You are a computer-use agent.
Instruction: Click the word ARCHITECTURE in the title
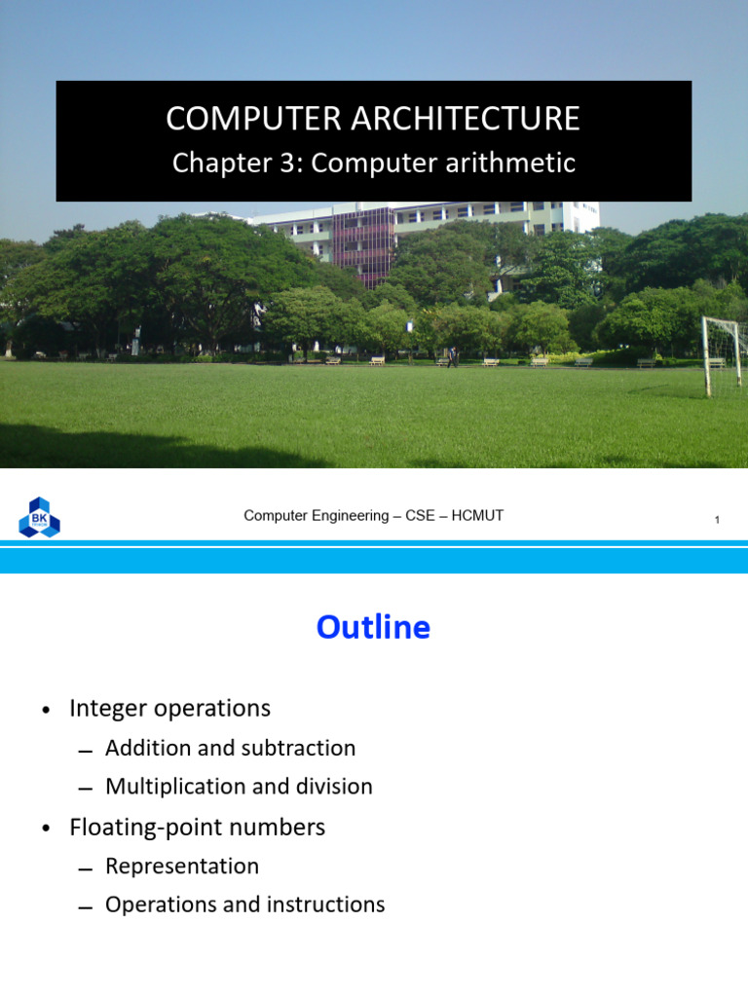coord(465,118)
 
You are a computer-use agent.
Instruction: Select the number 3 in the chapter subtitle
coord(287,163)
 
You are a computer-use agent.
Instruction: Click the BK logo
coord(39,517)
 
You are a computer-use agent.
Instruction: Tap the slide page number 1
coord(717,520)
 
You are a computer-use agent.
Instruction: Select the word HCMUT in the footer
coord(477,516)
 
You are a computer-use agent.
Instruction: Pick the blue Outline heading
coord(373,627)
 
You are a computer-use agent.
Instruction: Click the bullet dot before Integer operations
coord(46,710)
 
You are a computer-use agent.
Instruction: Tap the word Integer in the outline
coord(108,709)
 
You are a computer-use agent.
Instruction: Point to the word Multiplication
coord(179,787)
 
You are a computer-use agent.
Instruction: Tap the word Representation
coord(182,867)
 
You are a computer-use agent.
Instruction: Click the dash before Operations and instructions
coord(86,908)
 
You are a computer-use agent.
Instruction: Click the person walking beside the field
coord(452,356)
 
